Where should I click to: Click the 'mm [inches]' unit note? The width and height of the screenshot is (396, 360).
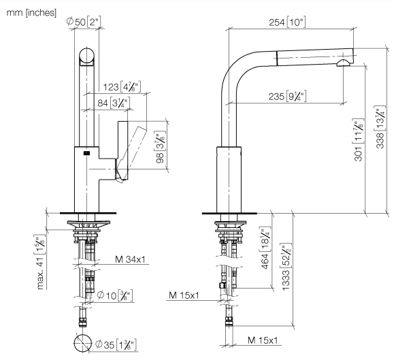[x=31, y=13]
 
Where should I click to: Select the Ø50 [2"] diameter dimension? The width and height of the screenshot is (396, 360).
[x=84, y=22]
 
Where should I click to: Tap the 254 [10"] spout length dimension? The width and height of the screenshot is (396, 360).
[x=287, y=22]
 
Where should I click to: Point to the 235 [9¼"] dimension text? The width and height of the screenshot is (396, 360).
[x=287, y=96]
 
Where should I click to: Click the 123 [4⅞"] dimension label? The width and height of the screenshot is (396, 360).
[x=122, y=86]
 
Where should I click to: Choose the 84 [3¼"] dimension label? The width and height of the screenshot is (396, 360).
[x=114, y=103]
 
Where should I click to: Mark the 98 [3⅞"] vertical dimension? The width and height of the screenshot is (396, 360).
[x=161, y=147]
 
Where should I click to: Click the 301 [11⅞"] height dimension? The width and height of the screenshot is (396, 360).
[x=359, y=140]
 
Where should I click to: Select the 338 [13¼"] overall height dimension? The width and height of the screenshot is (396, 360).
[x=380, y=127]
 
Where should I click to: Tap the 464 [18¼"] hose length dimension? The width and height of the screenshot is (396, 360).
[x=265, y=248]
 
